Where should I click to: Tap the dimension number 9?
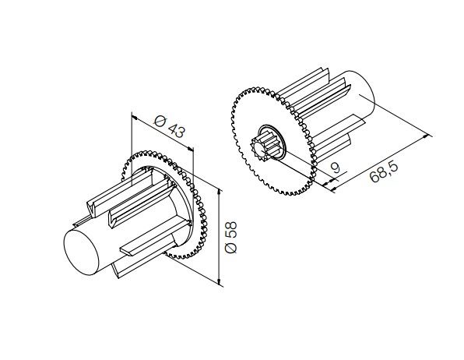pos(335,167)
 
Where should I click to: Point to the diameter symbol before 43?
pos(159,119)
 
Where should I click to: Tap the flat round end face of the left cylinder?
pos(83,252)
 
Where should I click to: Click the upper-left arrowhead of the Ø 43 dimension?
pos(134,117)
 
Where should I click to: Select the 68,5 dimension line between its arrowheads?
pos(381,161)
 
